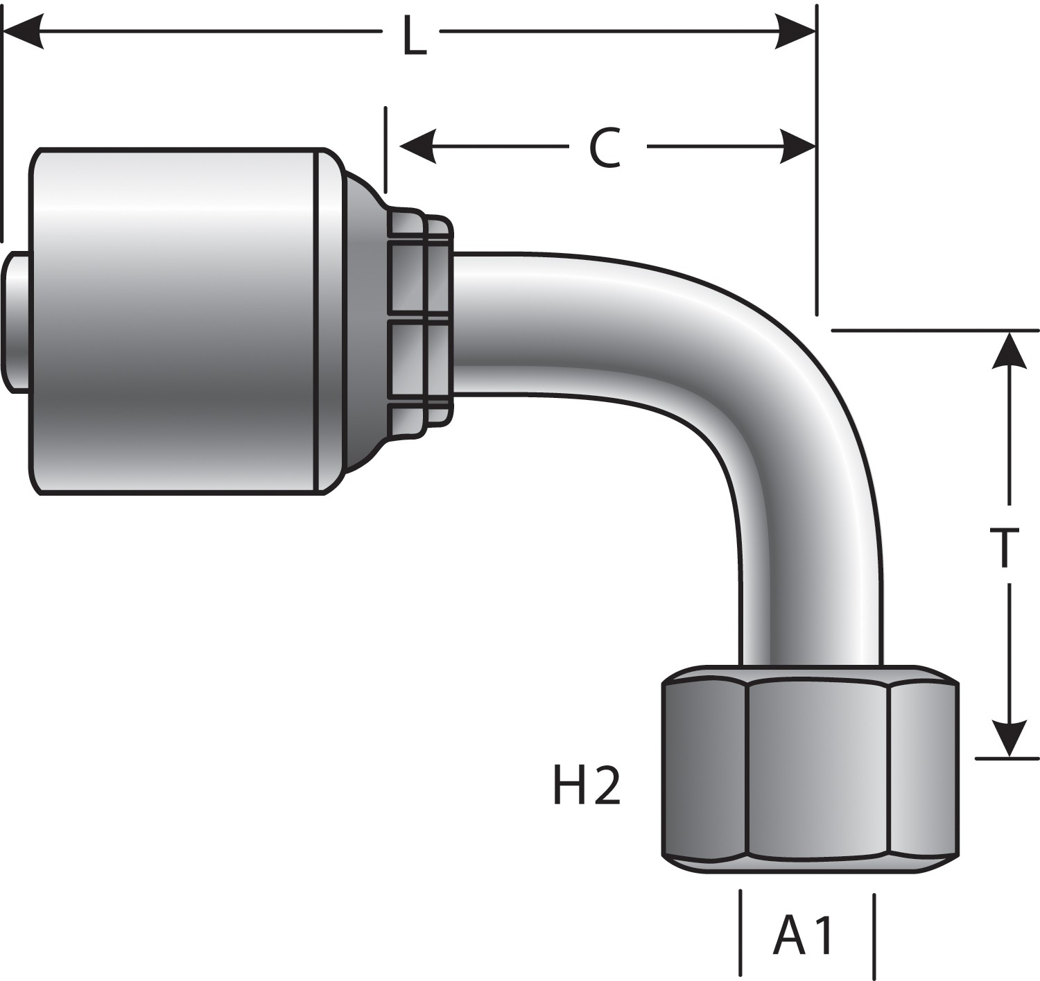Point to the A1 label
click(x=804, y=935)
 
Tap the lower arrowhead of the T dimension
click(x=1009, y=738)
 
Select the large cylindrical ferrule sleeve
click(x=173, y=322)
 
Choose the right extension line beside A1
click(x=874, y=932)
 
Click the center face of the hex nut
click(x=818, y=770)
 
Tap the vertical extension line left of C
click(x=385, y=149)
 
